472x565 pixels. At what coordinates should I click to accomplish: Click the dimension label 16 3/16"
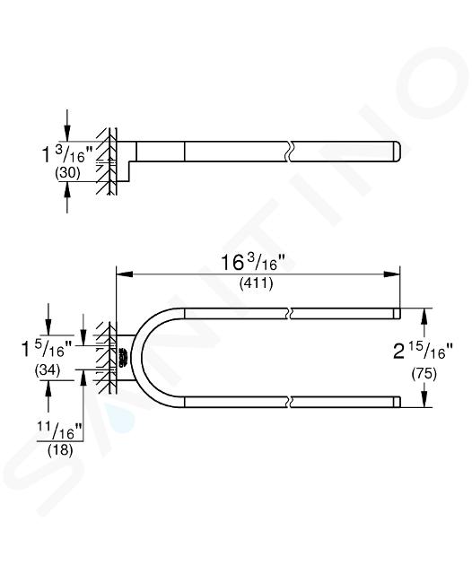(253, 262)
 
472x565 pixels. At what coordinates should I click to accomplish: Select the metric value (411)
(257, 284)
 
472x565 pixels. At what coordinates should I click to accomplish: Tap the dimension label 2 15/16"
(423, 351)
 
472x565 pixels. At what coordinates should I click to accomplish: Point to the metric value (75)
(424, 374)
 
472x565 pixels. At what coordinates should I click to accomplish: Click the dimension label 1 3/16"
(67, 154)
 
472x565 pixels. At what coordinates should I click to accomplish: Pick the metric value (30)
(67, 173)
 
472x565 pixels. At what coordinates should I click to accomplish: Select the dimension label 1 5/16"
(48, 349)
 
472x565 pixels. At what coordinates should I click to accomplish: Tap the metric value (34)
(48, 370)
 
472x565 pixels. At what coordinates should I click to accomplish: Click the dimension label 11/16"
(60, 430)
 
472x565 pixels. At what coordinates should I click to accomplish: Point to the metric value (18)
(60, 450)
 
